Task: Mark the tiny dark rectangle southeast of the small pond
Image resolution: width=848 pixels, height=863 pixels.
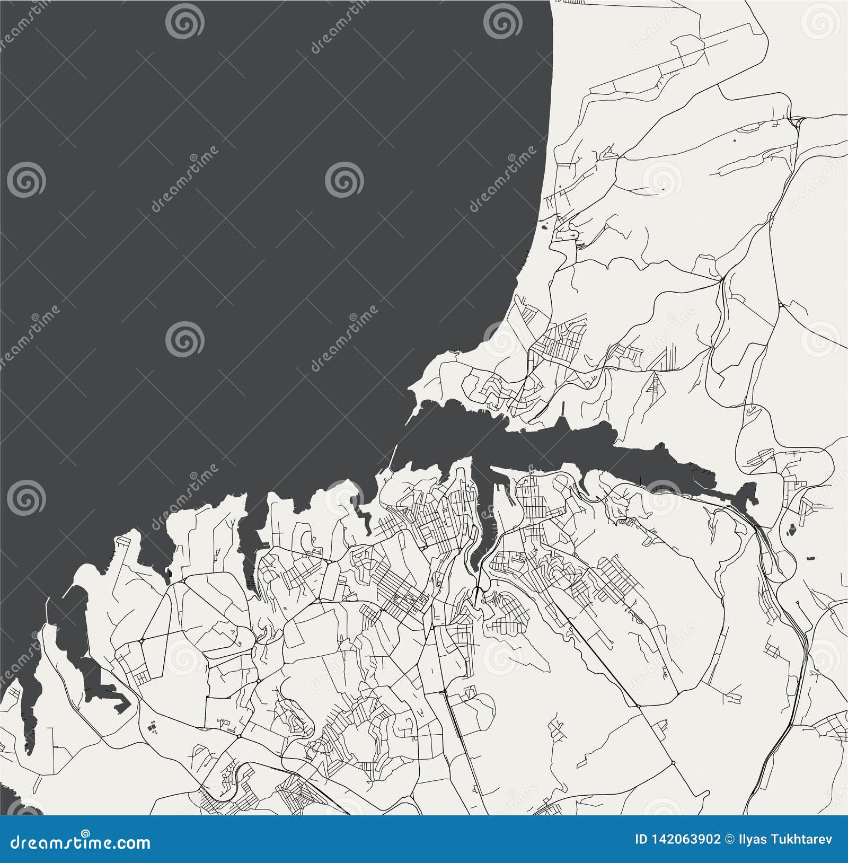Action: (x=810, y=558)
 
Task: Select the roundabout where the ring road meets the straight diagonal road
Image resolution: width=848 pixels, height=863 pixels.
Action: (x=638, y=707)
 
